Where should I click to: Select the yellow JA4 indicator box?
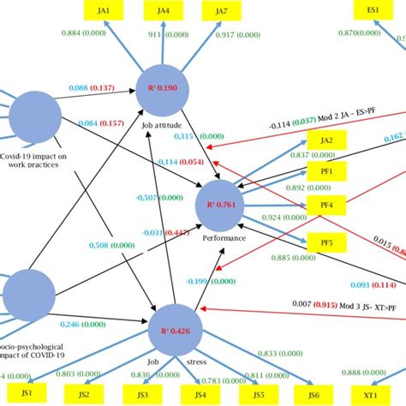[163, 10]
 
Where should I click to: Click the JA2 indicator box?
[326, 140]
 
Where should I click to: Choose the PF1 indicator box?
[326, 171]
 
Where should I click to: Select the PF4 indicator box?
[326, 206]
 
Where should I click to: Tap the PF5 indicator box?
[326, 242]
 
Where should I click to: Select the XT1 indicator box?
[370, 395]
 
